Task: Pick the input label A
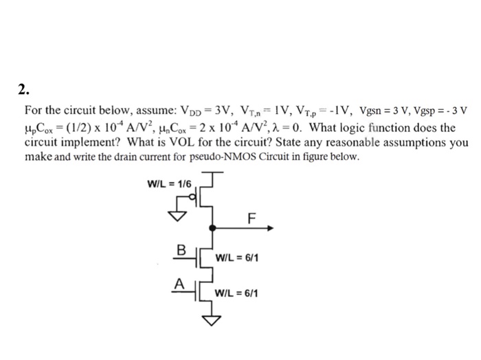[178, 282]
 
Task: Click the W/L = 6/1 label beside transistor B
[236, 259]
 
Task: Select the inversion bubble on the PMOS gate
[194, 200]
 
